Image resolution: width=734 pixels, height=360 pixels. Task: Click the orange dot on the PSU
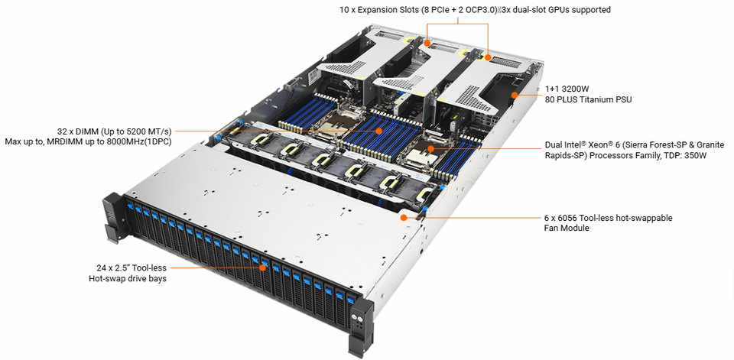[515, 96]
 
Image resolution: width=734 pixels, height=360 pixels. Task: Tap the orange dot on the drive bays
[263, 268]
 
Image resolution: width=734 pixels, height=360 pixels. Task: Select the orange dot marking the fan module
[404, 217]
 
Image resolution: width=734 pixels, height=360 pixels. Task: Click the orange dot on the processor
[431, 149]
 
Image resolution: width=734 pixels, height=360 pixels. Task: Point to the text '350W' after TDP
[695, 155]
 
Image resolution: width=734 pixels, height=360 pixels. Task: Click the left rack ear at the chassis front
[110, 219]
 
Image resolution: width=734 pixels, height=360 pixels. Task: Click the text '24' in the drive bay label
[101, 268]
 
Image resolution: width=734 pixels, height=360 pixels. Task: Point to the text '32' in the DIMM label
[61, 131]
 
